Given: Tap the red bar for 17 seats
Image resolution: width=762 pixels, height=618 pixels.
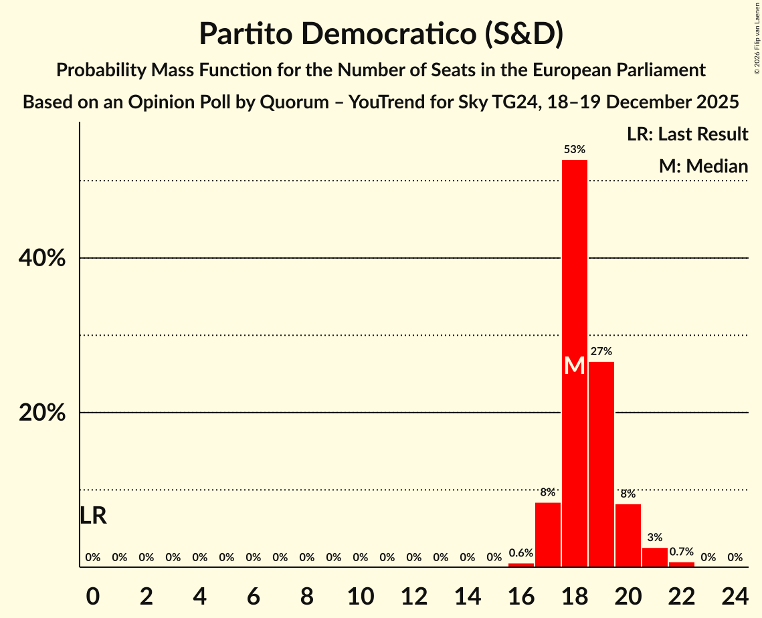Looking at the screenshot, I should [547, 534].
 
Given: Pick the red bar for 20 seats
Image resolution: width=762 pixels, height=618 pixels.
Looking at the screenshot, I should [628, 535].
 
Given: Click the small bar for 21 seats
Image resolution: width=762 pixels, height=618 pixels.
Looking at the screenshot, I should [654, 557].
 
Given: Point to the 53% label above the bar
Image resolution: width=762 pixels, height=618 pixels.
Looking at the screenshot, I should [574, 150].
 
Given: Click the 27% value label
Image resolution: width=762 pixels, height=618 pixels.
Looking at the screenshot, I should [601, 351].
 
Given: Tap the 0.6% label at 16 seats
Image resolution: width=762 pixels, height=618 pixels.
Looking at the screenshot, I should [521, 553].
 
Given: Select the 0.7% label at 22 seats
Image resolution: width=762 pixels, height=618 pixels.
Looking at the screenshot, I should [681, 552].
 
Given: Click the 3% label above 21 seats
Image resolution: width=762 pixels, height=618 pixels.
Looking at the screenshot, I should [654, 537].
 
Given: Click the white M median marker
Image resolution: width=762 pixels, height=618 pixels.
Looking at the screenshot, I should [574, 365].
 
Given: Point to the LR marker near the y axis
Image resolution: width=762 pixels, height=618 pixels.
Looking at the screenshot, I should [93, 516].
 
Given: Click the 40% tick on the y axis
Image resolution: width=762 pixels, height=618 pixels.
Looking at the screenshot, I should [42, 258].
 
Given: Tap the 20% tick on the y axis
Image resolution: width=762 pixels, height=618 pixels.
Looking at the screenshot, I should [42, 413].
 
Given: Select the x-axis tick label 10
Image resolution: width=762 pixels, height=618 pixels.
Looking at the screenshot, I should [360, 593].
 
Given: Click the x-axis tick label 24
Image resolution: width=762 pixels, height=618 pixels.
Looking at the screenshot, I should [734, 593].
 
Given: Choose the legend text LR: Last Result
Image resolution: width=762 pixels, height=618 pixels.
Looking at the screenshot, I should [687, 134].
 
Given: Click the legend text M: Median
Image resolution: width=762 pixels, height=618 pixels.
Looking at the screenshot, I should [702, 166].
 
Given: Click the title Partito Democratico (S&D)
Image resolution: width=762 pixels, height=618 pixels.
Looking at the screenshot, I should [381, 34].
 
